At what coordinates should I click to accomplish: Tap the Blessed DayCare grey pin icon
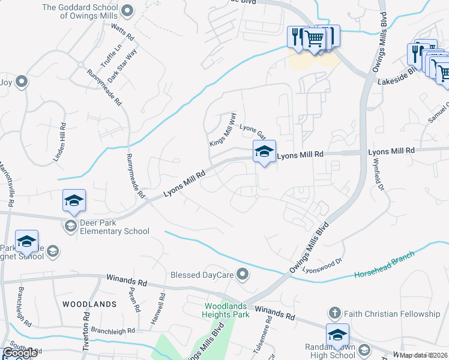pos(243,275)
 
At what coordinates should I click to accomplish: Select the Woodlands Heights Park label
pos(223,310)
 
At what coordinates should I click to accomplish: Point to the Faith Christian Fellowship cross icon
pos(335,313)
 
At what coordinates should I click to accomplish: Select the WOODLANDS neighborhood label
pos(89,304)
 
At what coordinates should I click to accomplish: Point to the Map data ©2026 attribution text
pos(424,355)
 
